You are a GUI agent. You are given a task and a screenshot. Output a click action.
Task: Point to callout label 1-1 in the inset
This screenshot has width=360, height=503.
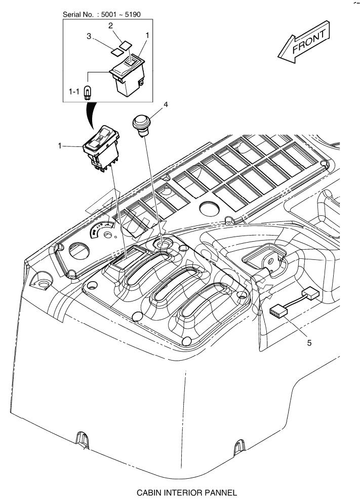coord(74,92)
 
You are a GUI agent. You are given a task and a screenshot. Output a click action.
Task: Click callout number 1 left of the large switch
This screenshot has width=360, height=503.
coord(60,146)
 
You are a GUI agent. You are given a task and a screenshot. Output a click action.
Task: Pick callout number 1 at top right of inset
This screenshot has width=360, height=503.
coord(147,35)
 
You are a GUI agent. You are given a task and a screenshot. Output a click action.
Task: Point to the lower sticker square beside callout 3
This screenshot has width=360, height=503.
coord(118,50)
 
